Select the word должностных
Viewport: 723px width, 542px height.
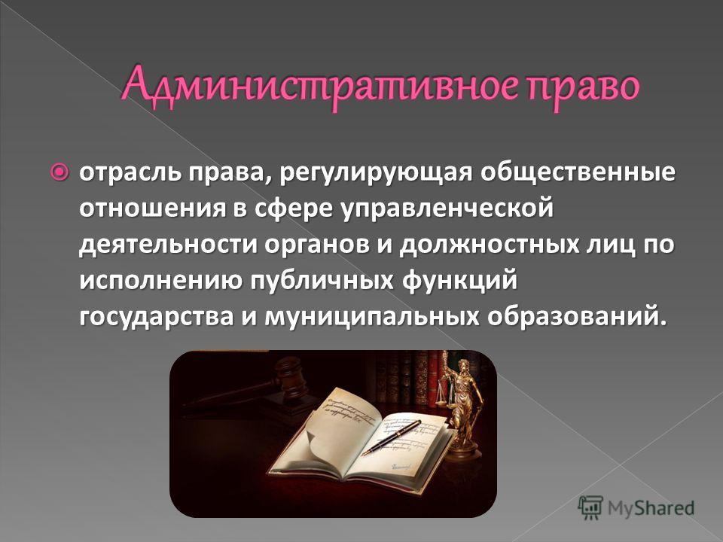coord(490,245)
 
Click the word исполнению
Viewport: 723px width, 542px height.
coord(161,281)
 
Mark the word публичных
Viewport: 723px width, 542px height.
coord(322,282)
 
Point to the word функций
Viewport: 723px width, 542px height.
coord(459,282)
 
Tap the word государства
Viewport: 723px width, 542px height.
coord(157,318)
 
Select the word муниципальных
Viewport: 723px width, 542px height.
coord(372,318)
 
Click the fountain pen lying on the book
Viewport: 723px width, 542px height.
coord(391,438)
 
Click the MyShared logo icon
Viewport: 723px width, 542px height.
coord(590,508)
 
